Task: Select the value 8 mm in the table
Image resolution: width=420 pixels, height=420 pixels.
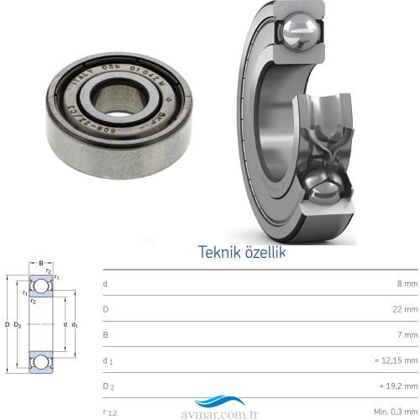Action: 405,284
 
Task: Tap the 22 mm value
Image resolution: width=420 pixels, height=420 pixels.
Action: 403,310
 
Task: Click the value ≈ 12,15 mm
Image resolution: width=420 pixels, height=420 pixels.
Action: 395,361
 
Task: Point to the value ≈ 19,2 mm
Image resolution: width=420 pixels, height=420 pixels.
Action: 396,386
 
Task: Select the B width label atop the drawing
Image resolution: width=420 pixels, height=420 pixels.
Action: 41,263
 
